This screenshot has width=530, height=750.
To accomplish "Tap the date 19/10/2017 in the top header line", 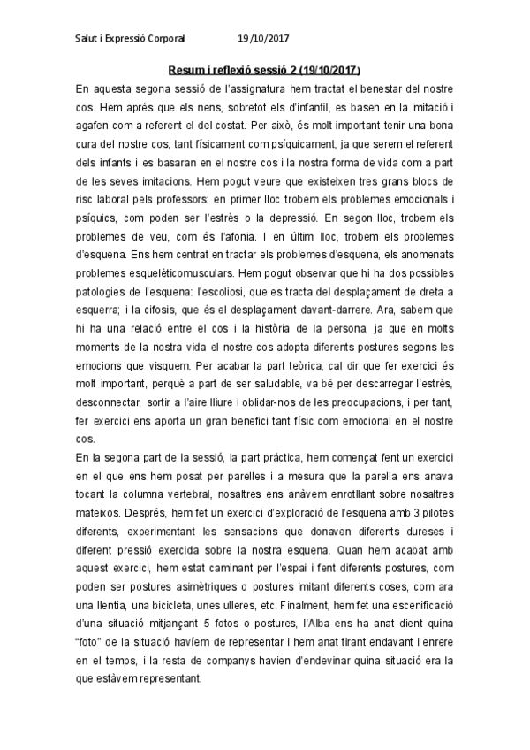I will pos(264,39).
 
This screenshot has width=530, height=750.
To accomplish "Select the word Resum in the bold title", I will pos(185,71).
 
